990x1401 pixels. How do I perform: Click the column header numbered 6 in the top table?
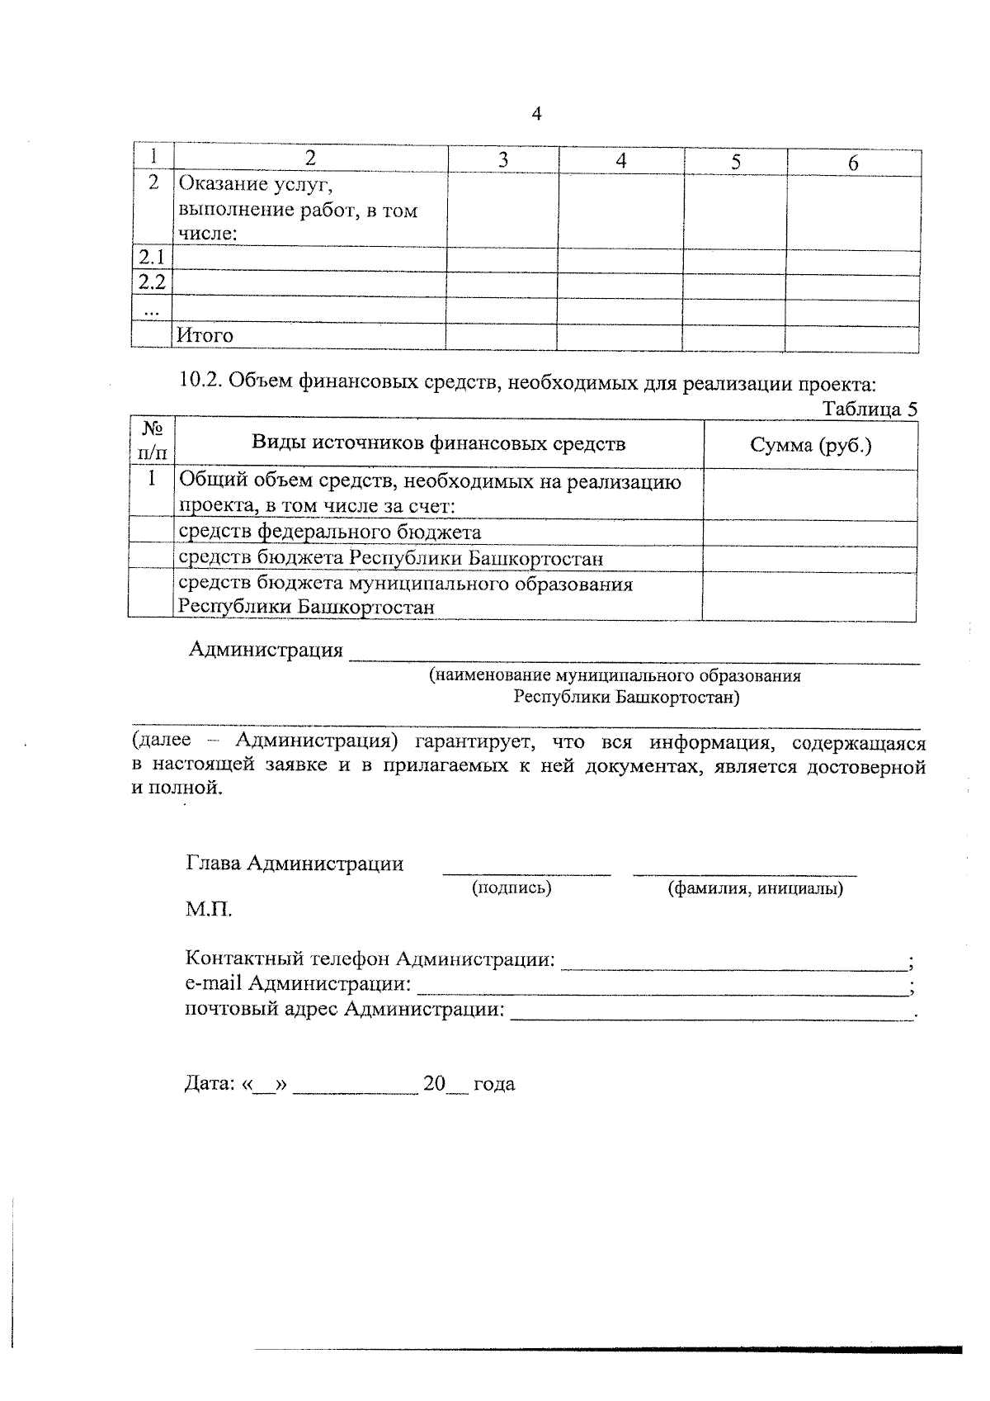coord(853,163)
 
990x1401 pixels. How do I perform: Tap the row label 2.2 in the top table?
coord(152,283)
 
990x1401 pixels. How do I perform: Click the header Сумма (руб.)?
coord(810,445)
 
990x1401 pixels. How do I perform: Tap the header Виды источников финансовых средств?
coord(438,443)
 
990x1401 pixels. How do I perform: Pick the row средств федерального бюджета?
coord(330,532)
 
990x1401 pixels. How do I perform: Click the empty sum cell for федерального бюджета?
coord(808,532)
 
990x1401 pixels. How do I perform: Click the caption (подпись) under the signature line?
coord(511,887)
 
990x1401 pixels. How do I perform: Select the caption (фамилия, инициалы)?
coord(754,888)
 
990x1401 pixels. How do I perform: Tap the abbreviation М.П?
coord(209,910)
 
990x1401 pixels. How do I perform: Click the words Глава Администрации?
coord(295,864)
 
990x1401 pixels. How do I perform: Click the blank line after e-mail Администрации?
coord(660,984)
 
